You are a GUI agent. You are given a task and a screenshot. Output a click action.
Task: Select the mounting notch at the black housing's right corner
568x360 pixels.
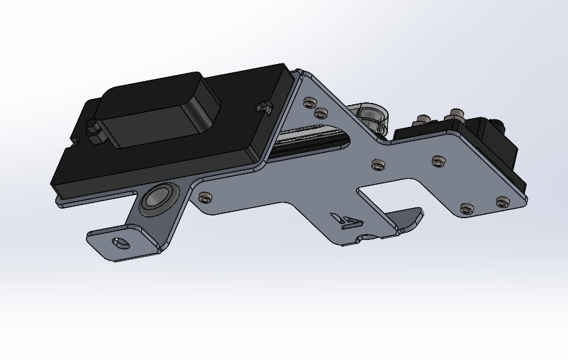click(x=264, y=107)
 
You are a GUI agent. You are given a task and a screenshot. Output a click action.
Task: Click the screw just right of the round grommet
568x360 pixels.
click(x=205, y=198)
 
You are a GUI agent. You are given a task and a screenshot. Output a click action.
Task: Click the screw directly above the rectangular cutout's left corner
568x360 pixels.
click(x=378, y=164)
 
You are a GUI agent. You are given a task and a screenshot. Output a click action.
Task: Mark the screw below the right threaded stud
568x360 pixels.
click(x=438, y=162)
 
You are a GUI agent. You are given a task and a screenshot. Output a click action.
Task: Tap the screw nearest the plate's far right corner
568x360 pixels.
click(x=503, y=201)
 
